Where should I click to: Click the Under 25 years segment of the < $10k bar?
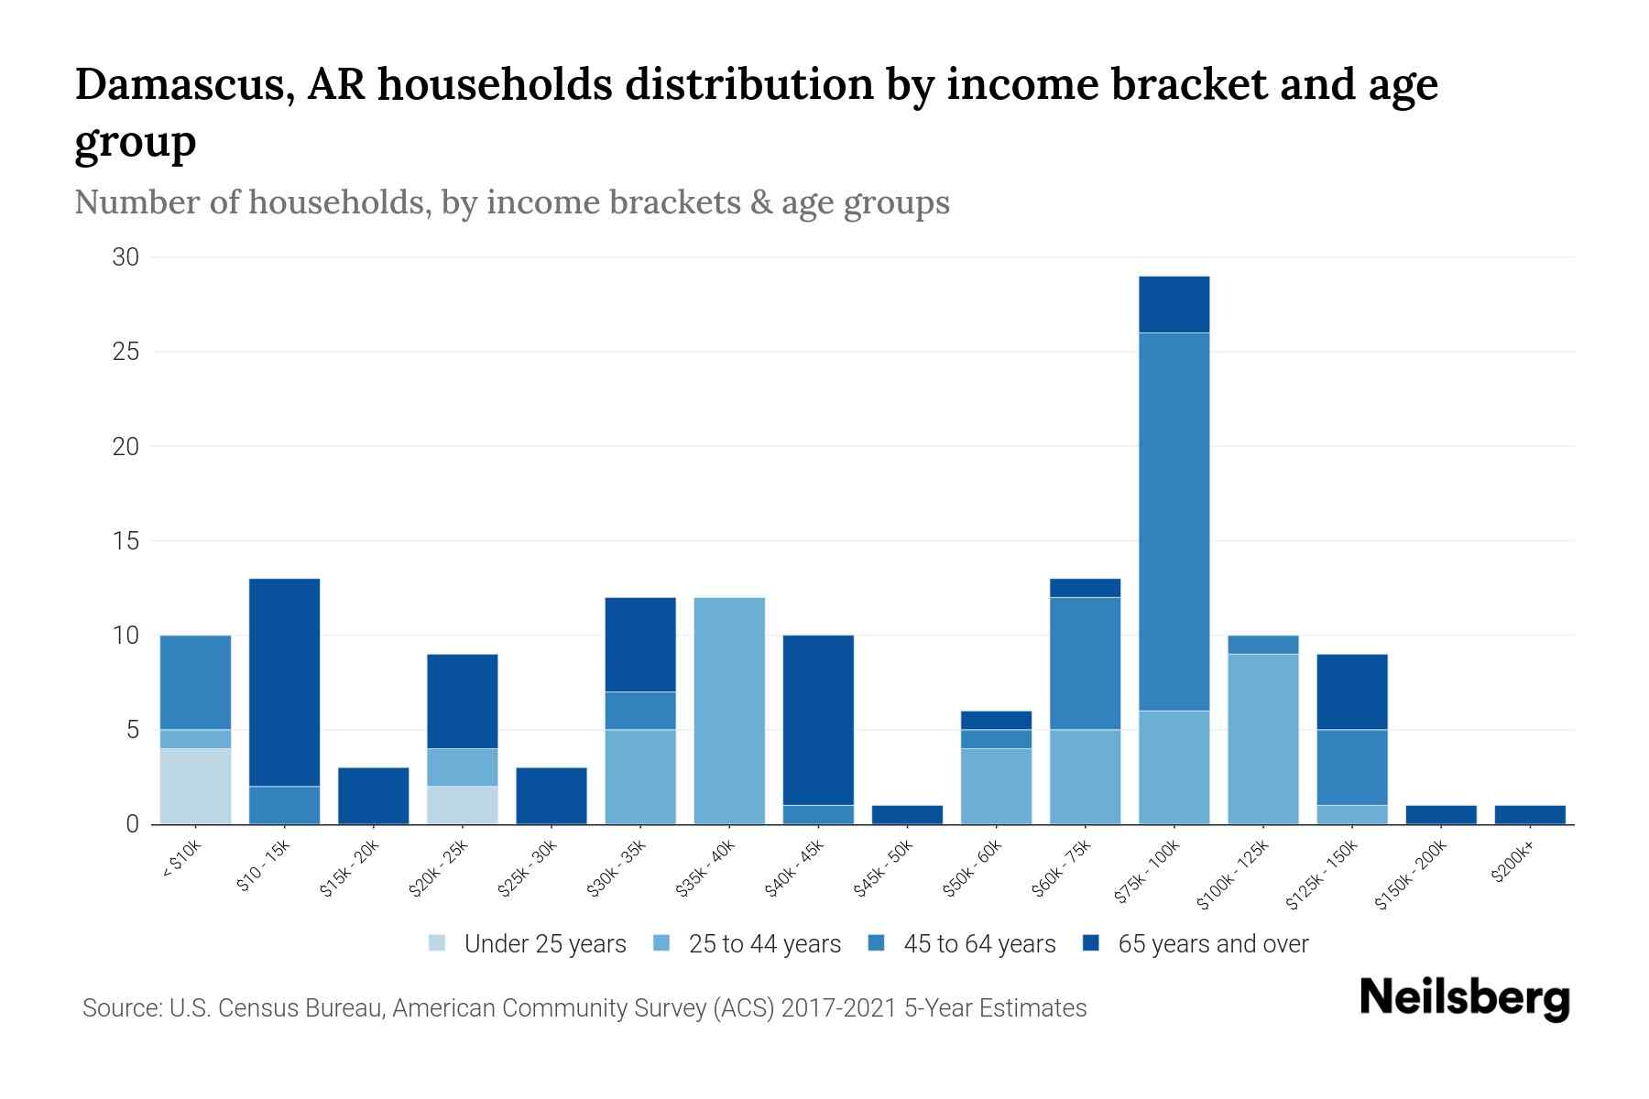pos(195,786)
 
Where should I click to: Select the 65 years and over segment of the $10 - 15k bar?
pos(284,682)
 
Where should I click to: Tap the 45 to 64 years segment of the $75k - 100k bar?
pos(1174,521)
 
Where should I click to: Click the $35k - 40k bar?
pos(729,711)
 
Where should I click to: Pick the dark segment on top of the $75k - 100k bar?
pos(1174,304)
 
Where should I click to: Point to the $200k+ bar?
pos(1529,814)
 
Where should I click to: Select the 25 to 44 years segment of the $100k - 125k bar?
pos(1262,738)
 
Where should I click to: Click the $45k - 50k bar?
pos(907,814)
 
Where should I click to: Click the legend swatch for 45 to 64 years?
pos(877,943)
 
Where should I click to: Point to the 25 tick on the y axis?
pos(126,352)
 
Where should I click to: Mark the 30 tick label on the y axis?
pos(126,257)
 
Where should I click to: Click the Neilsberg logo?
pos(1464,998)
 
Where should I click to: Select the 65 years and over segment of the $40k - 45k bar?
pos(818,720)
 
